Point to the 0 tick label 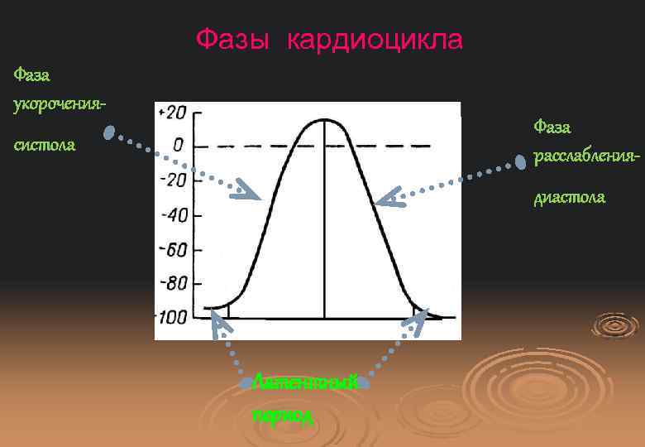[177, 147]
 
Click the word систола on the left [45, 145]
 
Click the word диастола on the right [569, 197]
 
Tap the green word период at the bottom [283, 414]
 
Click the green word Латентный [305, 382]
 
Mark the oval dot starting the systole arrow [108, 132]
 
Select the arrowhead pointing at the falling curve [389, 197]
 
